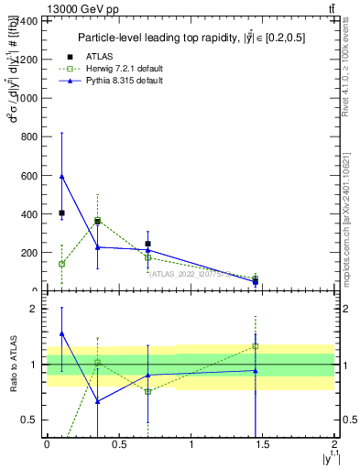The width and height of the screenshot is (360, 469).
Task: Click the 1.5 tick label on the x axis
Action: tap(263, 444)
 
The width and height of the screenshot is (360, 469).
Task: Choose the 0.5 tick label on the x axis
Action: tap(118, 444)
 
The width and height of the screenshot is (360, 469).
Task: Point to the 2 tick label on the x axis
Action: tap(336, 444)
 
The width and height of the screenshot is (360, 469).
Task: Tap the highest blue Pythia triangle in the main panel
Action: tap(61, 176)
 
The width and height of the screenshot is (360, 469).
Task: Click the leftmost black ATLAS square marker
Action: tap(61, 213)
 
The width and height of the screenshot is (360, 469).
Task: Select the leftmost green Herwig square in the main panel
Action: tap(61, 264)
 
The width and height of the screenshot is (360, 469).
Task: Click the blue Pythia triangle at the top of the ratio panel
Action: tap(61, 334)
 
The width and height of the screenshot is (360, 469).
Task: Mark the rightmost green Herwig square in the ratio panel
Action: tap(256, 346)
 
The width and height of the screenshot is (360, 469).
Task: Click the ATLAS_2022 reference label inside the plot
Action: tap(189, 273)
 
